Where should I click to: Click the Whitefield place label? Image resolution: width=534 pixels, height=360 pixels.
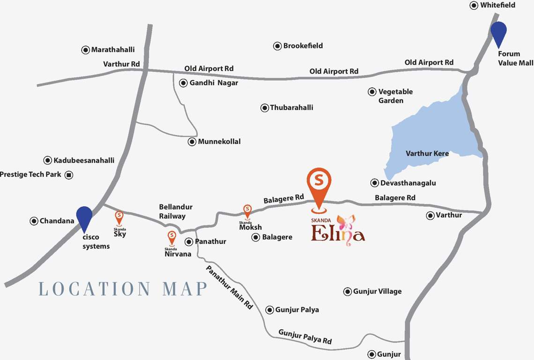pyautogui.click(x=497, y=5)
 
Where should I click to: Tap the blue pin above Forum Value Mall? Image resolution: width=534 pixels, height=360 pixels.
pyautogui.click(x=499, y=33)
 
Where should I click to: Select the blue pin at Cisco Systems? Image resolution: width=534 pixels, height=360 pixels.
pyautogui.click(x=84, y=217)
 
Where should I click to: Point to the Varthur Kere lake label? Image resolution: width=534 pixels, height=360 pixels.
pyautogui.click(x=427, y=153)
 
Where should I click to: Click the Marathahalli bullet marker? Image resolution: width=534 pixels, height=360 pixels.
pyautogui.click(x=86, y=50)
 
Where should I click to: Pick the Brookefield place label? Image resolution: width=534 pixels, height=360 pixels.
pyautogui.click(x=303, y=46)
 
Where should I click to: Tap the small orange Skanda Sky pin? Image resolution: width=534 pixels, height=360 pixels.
pyautogui.click(x=119, y=217)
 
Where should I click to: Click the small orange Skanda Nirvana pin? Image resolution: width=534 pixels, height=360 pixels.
pyautogui.click(x=171, y=237)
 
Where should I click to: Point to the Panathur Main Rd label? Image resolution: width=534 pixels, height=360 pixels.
pyautogui.click(x=230, y=287)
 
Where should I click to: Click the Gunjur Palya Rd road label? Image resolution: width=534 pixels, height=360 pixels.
pyautogui.click(x=305, y=337)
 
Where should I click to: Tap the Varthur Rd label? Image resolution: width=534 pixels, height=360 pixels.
pyautogui.click(x=122, y=64)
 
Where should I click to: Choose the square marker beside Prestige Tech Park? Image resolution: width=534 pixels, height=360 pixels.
pyautogui.click(x=69, y=175)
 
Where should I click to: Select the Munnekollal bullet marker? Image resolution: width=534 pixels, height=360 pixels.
pyautogui.click(x=192, y=142)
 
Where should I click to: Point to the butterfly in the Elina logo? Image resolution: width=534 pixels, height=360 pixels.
pyautogui.click(x=346, y=224)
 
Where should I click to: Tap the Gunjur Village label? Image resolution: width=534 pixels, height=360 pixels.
pyautogui.click(x=377, y=292)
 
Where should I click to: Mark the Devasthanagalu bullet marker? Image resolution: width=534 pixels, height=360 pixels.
pyautogui.click(x=375, y=183)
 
